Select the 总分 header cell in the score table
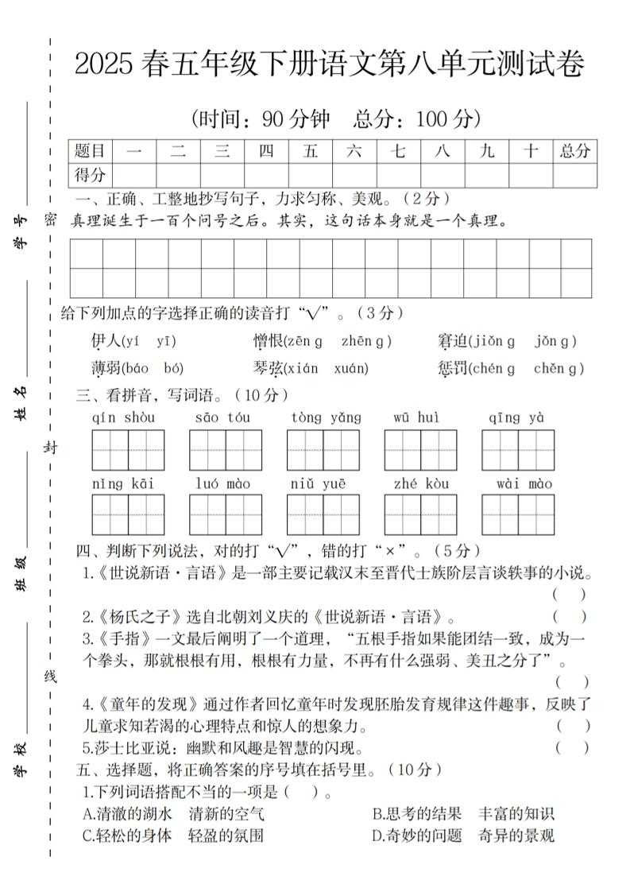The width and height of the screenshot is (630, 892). [x=574, y=151]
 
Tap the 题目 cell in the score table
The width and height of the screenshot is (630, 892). [x=90, y=151]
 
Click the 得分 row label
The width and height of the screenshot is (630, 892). [x=90, y=175]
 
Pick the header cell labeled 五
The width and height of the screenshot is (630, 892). [x=310, y=151]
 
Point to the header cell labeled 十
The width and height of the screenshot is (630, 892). [x=531, y=151]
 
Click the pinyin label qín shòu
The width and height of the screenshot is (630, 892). [x=124, y=418]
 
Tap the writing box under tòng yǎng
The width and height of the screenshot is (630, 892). [x=323, y=450]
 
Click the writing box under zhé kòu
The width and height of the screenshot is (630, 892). [x=421, y=515]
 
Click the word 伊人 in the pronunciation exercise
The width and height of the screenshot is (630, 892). [x=106, y=342]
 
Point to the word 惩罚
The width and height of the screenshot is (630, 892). [x=451, y=368]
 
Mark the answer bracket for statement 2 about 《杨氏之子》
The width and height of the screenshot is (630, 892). [x=570, y=616]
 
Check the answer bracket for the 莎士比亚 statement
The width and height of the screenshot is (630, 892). [x=572, y=747]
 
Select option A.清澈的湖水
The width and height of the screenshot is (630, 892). [x=127, y=813]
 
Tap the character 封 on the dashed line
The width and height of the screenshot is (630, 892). [x=50, y=448]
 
